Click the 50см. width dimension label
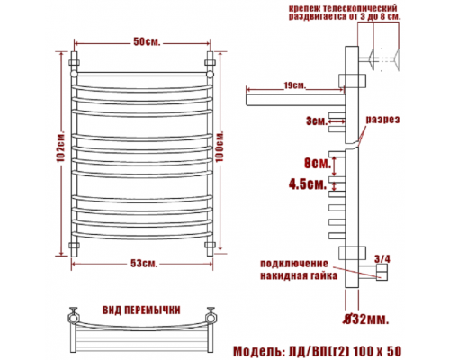click(x=147, y=42)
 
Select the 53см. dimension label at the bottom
click(x=144, y=264)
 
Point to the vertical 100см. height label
click(x=220, y=147)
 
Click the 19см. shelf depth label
click(x=295, y=85)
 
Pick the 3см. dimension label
click(x=316, y=121)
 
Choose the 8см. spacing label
click(x=318, y=164)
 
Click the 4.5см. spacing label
click(x=308, y=184)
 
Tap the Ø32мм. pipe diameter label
click(x=366, y=319)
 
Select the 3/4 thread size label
click(x=382, y=259)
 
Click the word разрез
click(x=382, y=120)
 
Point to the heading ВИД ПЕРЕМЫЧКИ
click(x=141, y=310)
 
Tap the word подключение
click(x=294, y=264)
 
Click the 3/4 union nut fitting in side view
click(x=382, y=272)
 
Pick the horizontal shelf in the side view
click(x=295, y=100)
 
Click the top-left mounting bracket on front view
click(x=74, y=63)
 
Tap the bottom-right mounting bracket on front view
click(x=210, y=245)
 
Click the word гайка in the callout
click(x=322, y=275)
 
